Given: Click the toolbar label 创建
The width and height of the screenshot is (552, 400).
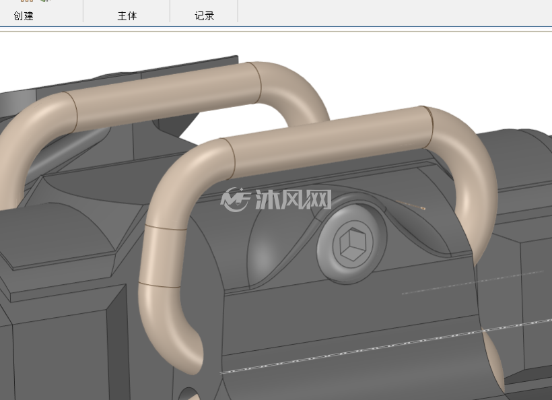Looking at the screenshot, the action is (x=24, y=16).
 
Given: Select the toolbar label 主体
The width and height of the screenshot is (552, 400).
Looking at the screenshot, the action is (x=127, y=16).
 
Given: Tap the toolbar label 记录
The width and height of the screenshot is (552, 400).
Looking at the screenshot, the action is (x=205, y=16).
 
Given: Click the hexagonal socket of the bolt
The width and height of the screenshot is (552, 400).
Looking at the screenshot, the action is (x=352, y=243).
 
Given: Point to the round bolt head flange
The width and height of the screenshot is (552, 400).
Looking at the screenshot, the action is (x=351, y=243).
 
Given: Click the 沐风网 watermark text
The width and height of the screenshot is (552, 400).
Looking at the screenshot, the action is (x=293, y=199).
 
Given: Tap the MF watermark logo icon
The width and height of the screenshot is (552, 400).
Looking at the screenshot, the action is (x=235, y=199).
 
